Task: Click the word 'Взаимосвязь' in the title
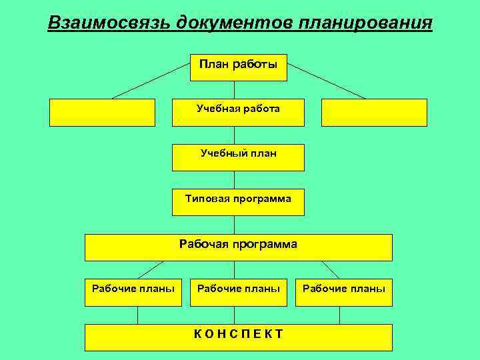point(109,23)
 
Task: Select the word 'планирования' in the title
point(366,23)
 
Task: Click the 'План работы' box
point(238,67)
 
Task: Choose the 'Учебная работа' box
point(238,112)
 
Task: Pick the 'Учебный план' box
point(238,157)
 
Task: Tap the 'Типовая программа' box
point(238,201)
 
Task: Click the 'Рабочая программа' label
point(238,245)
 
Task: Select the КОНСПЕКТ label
point(238,334)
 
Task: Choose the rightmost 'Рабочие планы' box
point(344,289)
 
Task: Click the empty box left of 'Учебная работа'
point(102,112)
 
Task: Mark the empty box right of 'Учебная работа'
point(374,112)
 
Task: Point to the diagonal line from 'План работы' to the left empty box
point(151,81)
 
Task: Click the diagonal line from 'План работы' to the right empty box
point(327,81)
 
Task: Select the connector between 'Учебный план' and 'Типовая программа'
point(234,179)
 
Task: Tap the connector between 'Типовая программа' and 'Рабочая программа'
point(234,225)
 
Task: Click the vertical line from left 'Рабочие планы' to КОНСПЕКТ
point(137,315)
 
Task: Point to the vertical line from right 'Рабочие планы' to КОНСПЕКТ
point(340,315)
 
